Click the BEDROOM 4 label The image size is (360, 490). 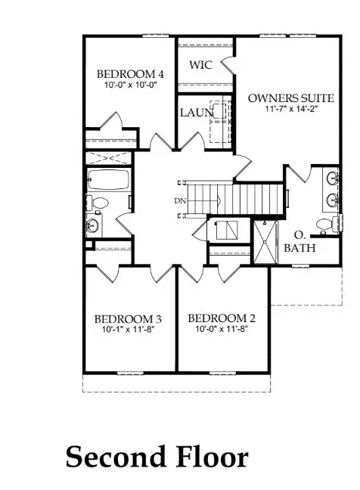pos(130,74)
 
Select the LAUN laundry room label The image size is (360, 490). pos(195,113)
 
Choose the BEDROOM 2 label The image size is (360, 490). pos(216,318)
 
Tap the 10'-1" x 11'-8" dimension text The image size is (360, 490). pos(121,330)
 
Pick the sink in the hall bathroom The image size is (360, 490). pos(92,224)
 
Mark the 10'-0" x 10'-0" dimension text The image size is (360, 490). pos(130,85)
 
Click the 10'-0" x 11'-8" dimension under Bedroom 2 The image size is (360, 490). pos(216,330)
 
